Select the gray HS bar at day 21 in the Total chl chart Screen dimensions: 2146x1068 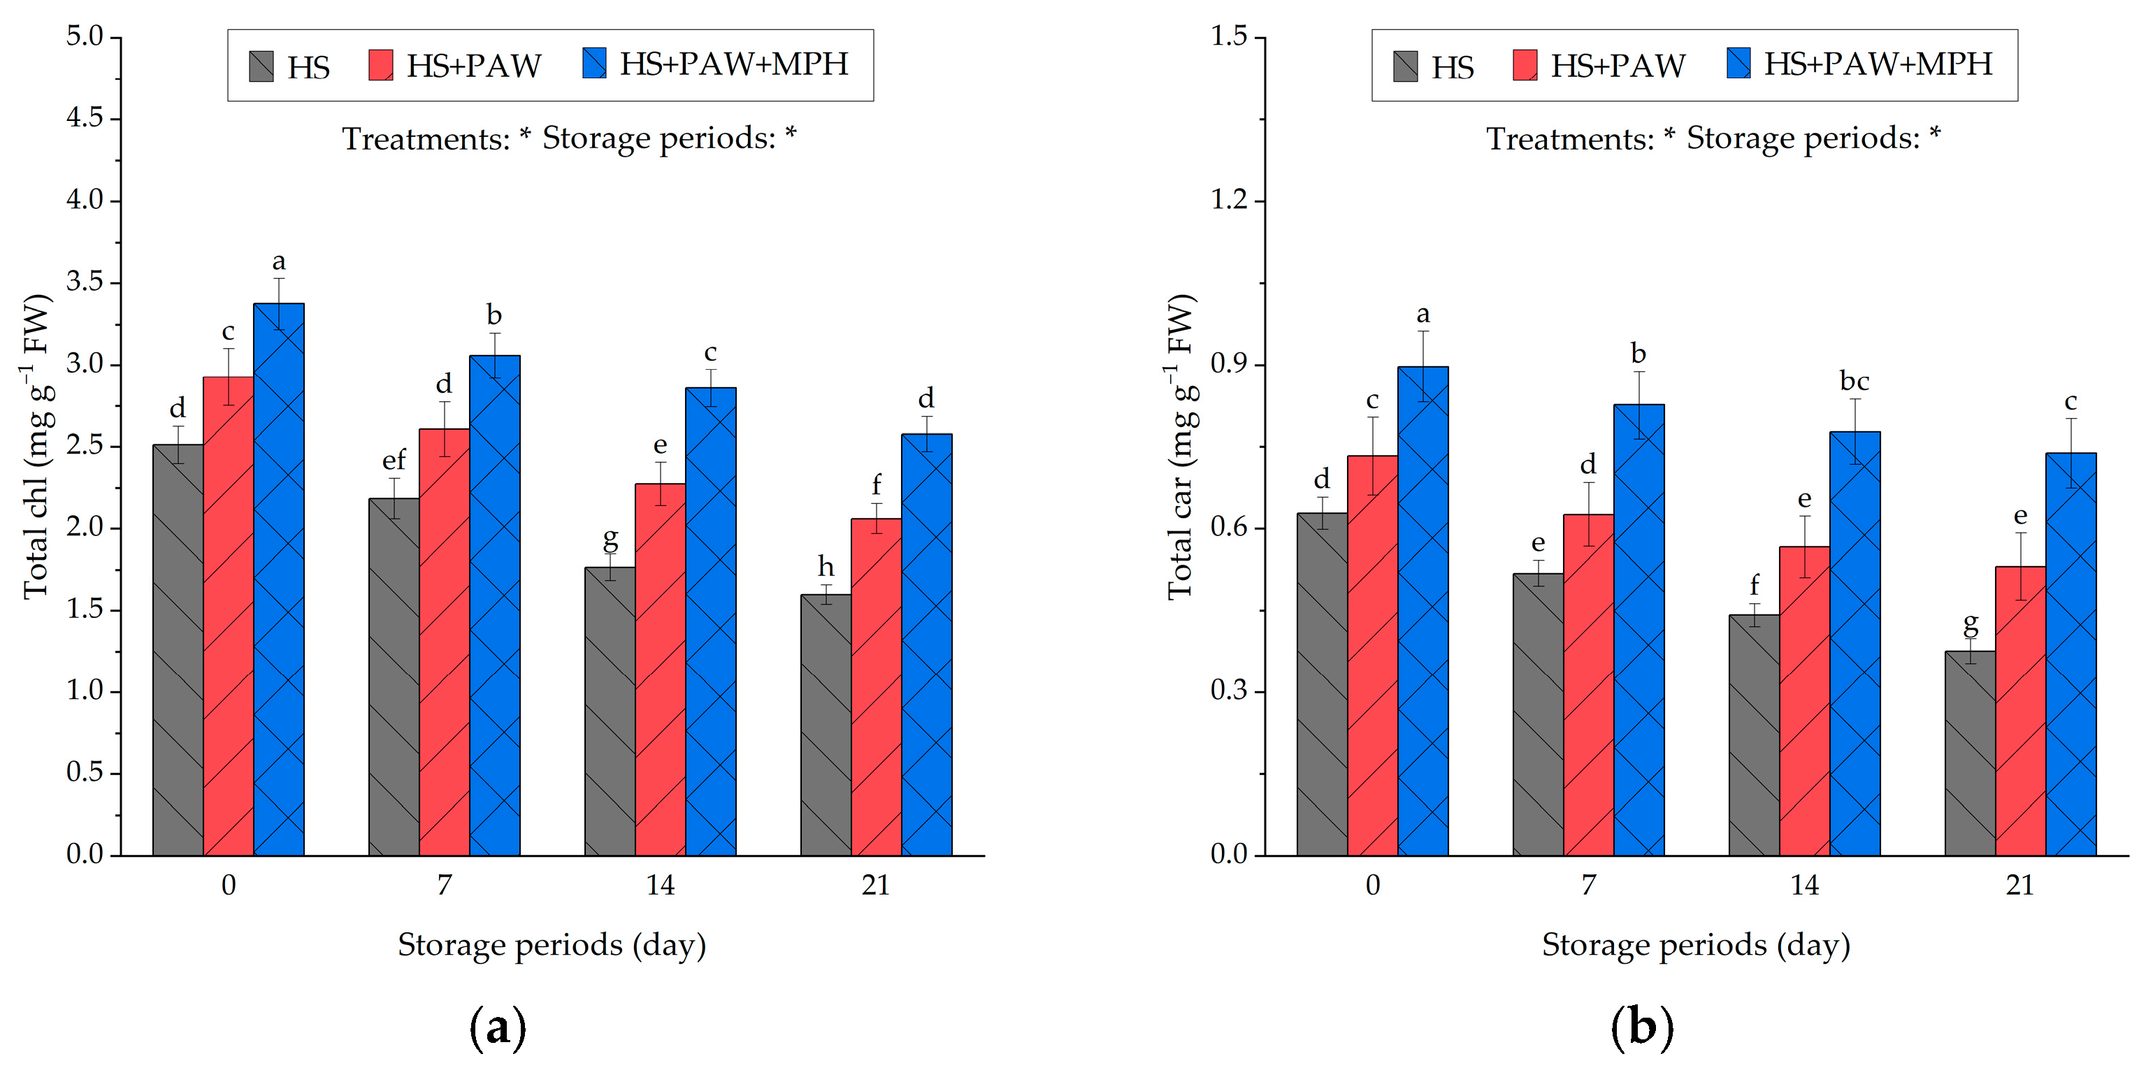[x=826, y=725]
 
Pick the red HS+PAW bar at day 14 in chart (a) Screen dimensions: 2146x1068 [x=661, y=669]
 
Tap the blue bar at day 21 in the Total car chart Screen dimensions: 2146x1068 [x=2071, y=654]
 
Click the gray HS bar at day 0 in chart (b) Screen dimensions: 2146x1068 [x=1322, y=684]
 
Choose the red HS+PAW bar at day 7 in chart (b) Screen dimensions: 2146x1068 [x=1589, y=685]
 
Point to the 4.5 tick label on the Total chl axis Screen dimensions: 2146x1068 [x=84, y=117]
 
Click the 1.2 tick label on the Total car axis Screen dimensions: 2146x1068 [x=1229, y=200]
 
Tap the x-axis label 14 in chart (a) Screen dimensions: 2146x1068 [x=661, y=885]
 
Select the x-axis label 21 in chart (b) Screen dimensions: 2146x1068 [x=2020, y=885]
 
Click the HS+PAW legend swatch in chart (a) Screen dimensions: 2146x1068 [x=381, y=65]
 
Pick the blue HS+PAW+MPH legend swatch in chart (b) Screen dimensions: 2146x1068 [x=1738, y=64]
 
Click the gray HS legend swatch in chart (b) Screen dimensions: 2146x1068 [x=1406, y=66]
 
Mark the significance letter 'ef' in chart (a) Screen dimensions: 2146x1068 [x=394, y=459]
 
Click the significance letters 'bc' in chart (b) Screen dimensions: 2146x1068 [x=1855, y=381]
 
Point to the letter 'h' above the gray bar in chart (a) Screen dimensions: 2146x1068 [x=826, y=566]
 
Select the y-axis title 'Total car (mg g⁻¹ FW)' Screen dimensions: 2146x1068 [x=1181, y=446]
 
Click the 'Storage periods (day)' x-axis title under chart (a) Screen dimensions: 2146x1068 [x=552, y=946]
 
